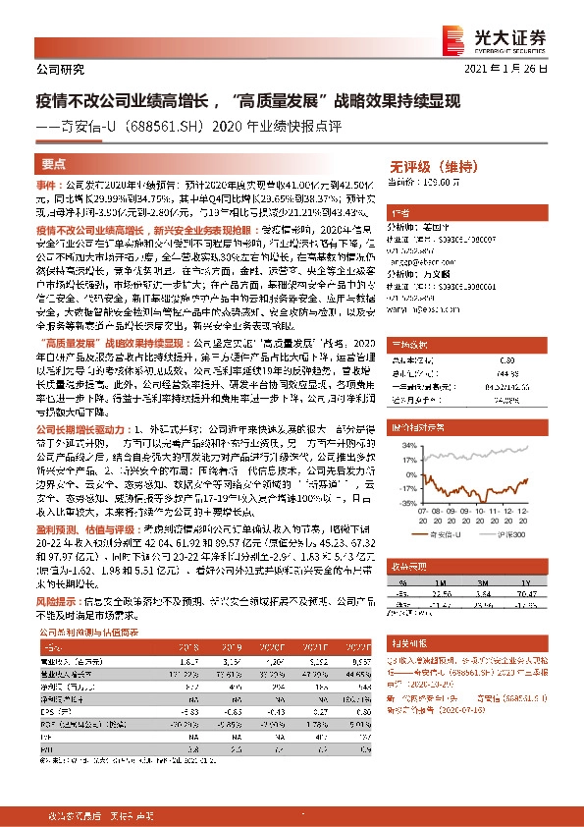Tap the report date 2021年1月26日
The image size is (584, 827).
(x=513, y=71)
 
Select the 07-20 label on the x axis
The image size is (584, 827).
(x=423, y=508)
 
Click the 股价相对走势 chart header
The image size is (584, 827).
(x=416, y=427)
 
